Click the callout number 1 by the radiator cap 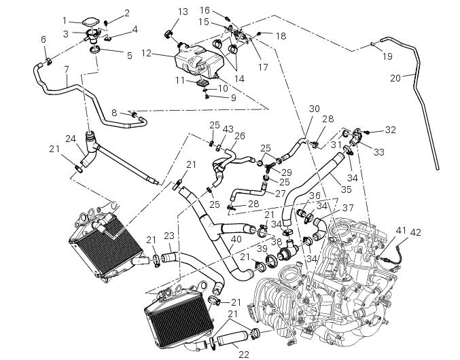point(65,20)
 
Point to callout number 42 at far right point(415,232)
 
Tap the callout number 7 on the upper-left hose point(66,69)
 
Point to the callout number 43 point(228,129)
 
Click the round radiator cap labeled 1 point(90,24)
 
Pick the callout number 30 point(314,109)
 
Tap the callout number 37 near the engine point(347,207)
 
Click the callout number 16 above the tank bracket point(205,10)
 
